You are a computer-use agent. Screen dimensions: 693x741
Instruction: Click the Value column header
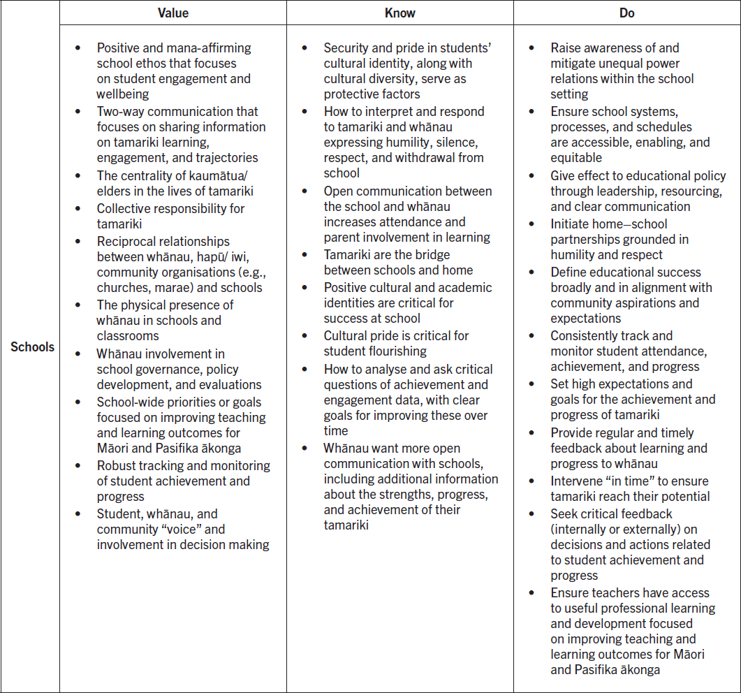pyautogui.click(x=173, y=13)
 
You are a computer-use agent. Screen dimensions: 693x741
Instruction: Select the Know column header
pyautogui.click(x=399, y=13)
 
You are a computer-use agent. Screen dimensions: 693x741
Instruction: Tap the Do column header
pyautogui.click(x=626, y=13)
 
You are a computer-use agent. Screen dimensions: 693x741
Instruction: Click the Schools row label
pyautogui.click(x=32, y=346)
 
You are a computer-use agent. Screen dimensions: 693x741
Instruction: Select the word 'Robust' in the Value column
pyautogui.click(x=116, y=465)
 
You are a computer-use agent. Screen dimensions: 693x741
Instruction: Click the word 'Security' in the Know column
pyautogui.click(x=348, y=48)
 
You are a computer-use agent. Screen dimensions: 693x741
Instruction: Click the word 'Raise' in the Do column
pyautogui.click(x=566, y=48)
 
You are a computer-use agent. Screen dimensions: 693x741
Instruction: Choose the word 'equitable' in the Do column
pyautogui.click(x=576, y=158)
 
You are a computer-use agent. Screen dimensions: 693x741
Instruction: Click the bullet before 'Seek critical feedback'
pyautogui.click(x=532, y=513)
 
